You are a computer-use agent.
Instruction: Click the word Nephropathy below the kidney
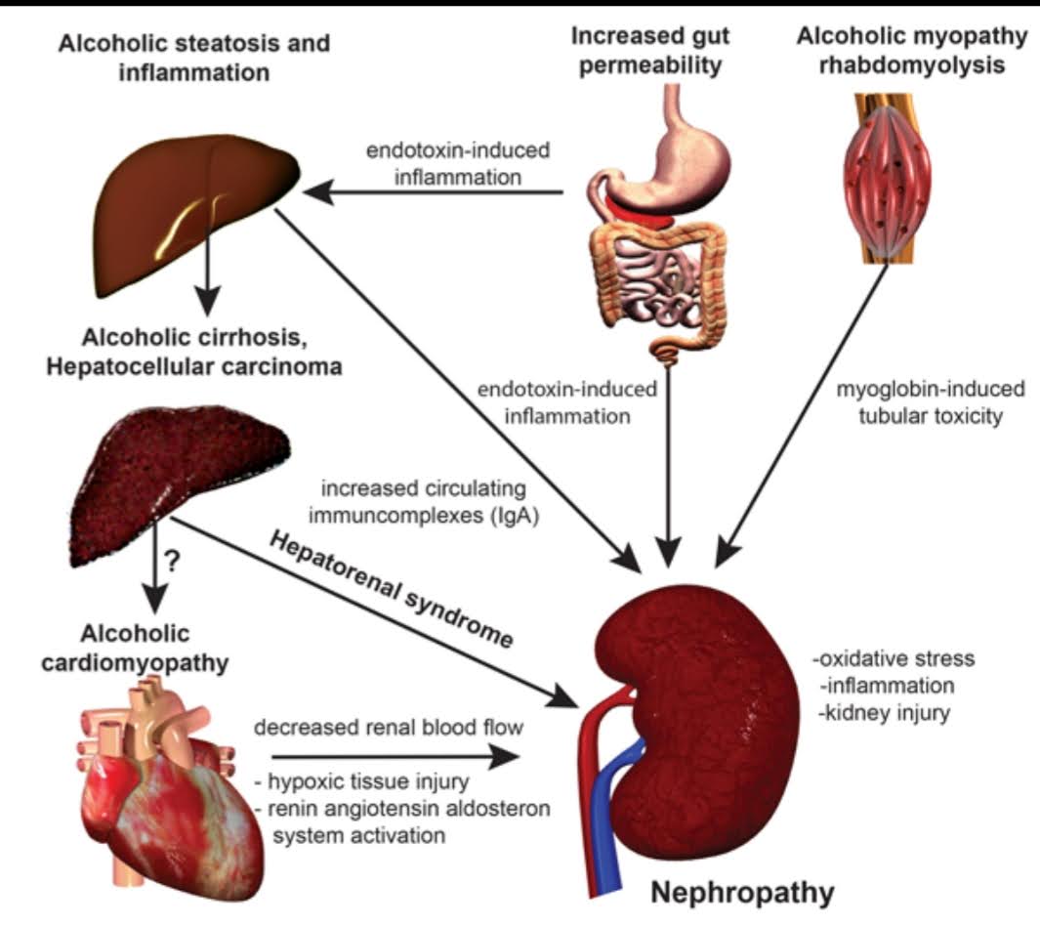click(x=743, y=893)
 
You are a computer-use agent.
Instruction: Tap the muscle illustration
click(x=887, y=181)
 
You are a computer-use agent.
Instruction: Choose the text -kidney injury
click(x=886, y=713)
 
